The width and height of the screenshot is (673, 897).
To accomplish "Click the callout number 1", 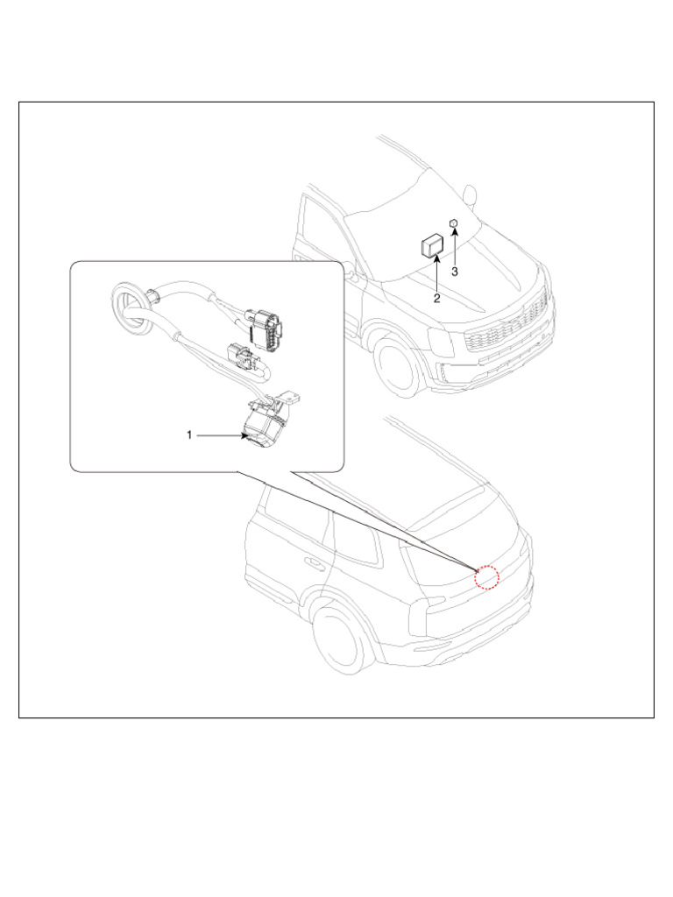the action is click(189, 435).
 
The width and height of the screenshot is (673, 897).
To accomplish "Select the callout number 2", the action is click(436, 299).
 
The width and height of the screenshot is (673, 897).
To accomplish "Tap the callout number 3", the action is click(455, 272).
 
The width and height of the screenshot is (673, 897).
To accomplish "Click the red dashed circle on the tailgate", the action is click(487, 577).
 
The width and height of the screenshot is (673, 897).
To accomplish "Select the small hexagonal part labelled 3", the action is click(453, 223).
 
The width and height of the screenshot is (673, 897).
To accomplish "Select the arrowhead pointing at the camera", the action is click(244, 436).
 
